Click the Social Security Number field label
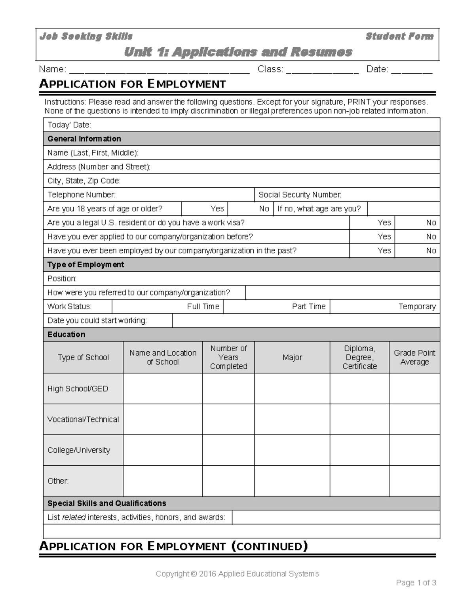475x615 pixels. pos(300,195)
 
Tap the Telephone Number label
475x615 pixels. pos(82,195)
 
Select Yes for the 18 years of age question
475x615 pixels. pos(217,209)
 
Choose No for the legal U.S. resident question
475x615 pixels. pos(431,223)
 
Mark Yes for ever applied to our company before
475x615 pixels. pos(384,237)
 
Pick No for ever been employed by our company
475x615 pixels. pos(431,251)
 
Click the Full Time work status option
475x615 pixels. pos(203,307)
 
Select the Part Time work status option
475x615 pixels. pos(308,307)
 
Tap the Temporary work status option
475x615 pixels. pos(417,307)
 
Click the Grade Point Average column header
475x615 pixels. pos(414,357)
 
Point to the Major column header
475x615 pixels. pos(292,357)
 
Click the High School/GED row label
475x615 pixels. pos(78,389)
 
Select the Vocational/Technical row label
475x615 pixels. pos(83,419)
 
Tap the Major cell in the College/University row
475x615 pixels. pos(292,450)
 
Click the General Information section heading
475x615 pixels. pos(84,139)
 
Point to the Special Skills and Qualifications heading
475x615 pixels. pos(107,503)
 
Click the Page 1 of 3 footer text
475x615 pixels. pos(416,583)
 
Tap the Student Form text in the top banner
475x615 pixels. pos(399,36)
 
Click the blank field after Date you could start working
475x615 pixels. pos(306,321)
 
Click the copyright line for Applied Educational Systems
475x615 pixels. pos(237,574)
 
